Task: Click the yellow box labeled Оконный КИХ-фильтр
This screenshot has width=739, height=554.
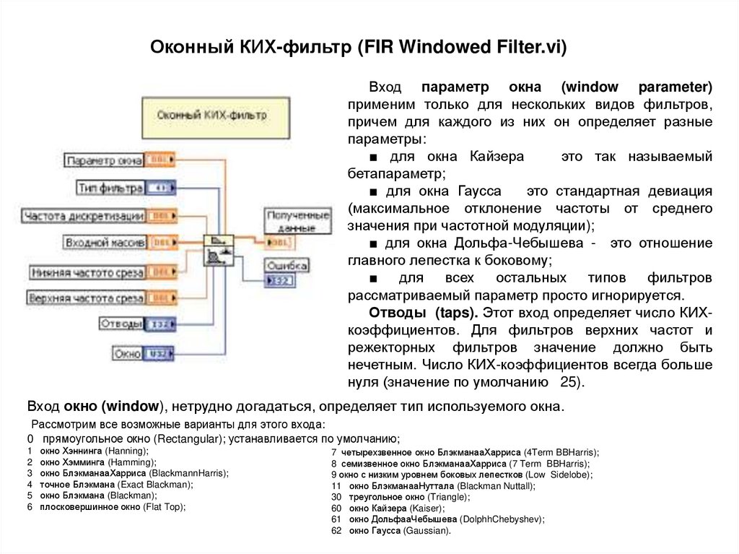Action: [x=211, y=115]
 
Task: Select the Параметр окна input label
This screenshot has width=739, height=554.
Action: [x=103, y=160]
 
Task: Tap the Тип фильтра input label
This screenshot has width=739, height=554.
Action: [x=110, y=189]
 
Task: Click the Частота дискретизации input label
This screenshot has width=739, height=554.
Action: [x=84, y=216]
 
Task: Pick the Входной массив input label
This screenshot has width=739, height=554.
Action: [x=105, y=243]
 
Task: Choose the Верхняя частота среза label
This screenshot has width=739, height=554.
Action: [x=85, y=298]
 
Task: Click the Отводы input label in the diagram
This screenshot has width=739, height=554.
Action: [x=121, y=324]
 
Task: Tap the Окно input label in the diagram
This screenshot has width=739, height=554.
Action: [x=128, y=354]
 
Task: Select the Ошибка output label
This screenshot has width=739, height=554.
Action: [x=287, y=265]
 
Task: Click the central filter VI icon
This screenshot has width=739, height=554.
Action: [x=219, y=250]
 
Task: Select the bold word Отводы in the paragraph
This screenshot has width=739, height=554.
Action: [x=398, y=313]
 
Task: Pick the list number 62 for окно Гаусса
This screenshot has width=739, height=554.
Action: [x=336, y=530]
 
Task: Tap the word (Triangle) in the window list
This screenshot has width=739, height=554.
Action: [x=448, y=498]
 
